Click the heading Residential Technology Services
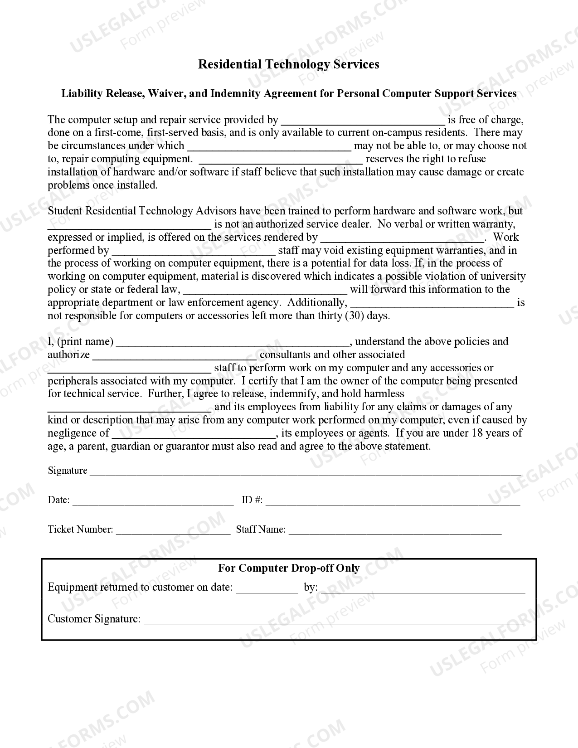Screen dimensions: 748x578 [x=288, y=64]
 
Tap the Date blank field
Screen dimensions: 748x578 [x=153, y=501]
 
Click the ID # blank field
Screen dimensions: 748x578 [x=393, y=501]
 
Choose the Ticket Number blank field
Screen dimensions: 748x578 [x=173, y=530]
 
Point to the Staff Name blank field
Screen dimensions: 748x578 [x=395, y=530]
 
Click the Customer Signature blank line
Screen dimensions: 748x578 [x=333, y=620]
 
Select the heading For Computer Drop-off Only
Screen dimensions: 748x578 [x=289, y=568]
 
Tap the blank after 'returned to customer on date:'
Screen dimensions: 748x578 [x=267, y=588]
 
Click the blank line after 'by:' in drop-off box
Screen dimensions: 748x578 [x=423, y=588]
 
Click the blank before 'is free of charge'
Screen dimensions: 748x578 [x=363, y=121]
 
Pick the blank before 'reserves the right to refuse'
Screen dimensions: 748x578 [x=281, y=160]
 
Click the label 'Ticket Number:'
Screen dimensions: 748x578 [x=80, y=529]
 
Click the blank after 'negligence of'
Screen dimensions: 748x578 [x=194, y=434]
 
